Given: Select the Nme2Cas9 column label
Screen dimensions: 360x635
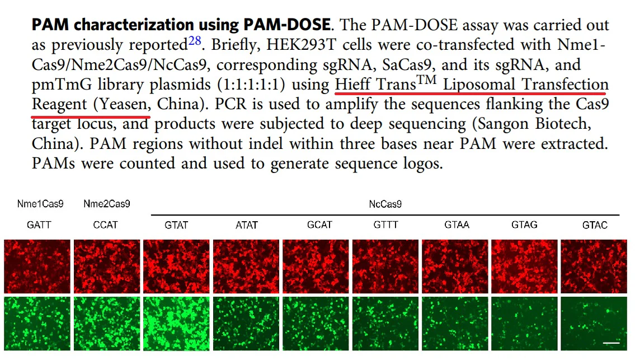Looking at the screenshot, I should click(x=106, y=204).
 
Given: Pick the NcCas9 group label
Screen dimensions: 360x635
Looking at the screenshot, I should click(x=385, y=204).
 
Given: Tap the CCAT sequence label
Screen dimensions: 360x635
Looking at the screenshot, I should click(x=106, y=225).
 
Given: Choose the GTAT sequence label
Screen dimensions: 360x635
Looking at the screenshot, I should click(x=176, y=225).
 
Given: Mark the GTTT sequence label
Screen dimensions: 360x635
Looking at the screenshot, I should click(x=385, y=225).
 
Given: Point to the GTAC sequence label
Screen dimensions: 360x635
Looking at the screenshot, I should click(x=595, y=225).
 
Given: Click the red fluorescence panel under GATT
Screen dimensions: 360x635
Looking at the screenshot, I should click(x=37, y=266).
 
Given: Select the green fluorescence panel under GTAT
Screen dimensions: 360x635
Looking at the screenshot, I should click(x=177, y=325).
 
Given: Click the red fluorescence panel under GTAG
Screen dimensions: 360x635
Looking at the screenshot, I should click(x=524, y=266).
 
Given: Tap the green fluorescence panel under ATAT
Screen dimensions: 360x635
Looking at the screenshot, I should click(x=247, y=325).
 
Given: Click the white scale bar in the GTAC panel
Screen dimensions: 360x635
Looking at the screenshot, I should click(x=611, y=341).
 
